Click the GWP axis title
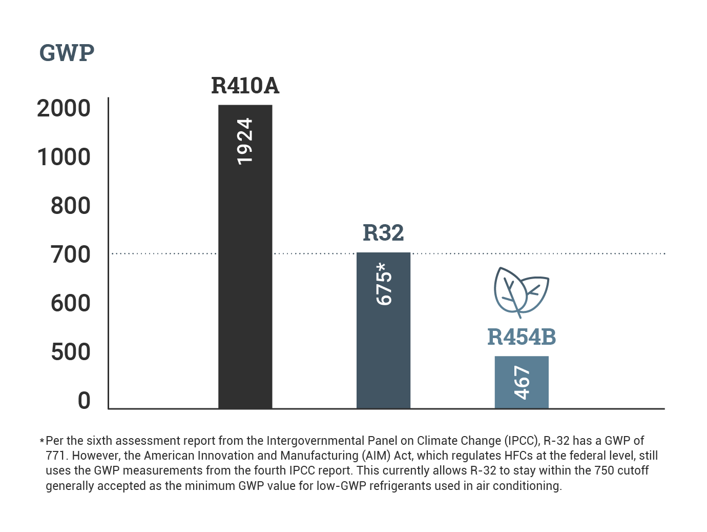coord(67,53)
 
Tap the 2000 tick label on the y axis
coord(64,108)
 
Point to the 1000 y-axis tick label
coord(64,157)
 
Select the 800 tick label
coord(70,206)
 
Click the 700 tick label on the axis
coord(70,254)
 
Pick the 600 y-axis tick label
coord(70,303)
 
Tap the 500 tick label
coord(70,352)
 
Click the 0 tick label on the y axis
coord(84,401)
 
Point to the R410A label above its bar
coord(245,86)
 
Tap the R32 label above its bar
coord(383,233)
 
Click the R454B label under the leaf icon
coord(522,337)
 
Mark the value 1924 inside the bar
coord(245,141)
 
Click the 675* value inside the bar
coord(384,284)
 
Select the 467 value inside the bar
coord(522,382)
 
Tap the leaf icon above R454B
coord(521,291)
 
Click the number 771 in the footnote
coord(54,456)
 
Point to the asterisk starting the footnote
coord(42,441)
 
